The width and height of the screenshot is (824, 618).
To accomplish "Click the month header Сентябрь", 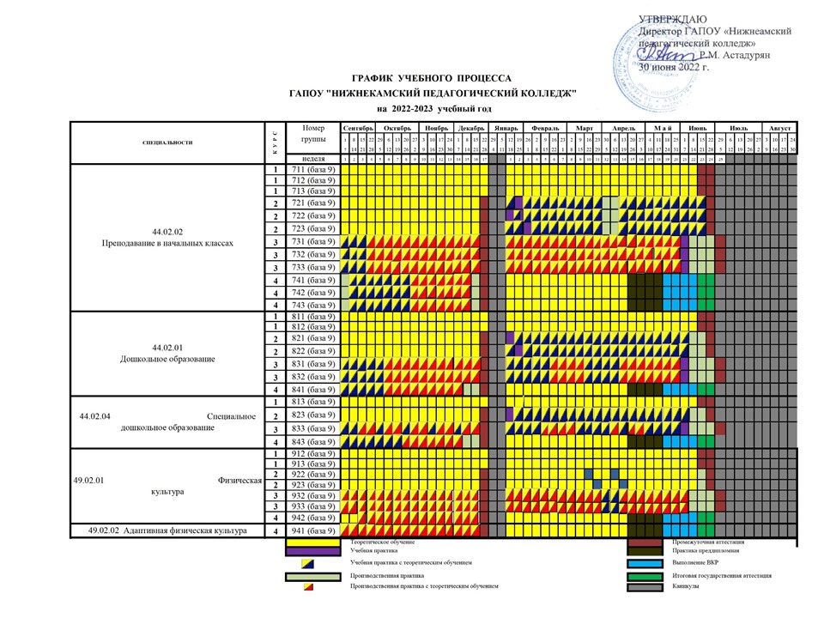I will coord(357,127).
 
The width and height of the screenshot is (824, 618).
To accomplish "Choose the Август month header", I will coord(780,127).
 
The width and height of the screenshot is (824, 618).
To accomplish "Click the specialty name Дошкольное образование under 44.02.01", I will coord(167,358).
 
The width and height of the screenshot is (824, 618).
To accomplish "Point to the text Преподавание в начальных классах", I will coord(168,243).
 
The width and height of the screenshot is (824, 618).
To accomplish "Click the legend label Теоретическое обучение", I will coord(384,542).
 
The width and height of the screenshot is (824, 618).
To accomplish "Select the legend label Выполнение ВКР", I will coord(696,564).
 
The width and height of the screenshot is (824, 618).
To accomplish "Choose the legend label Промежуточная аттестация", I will coord(707,542).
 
